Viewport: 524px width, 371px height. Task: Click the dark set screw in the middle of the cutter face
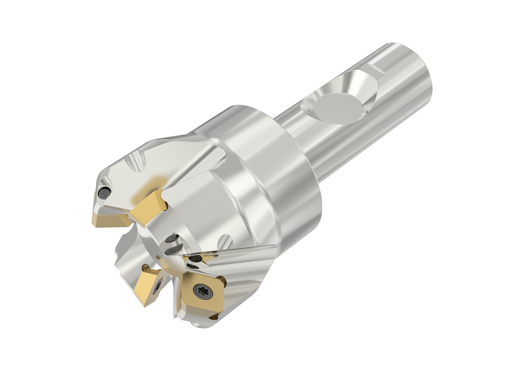pos(171,241)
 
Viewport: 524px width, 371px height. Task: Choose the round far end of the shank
pos(416,85)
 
